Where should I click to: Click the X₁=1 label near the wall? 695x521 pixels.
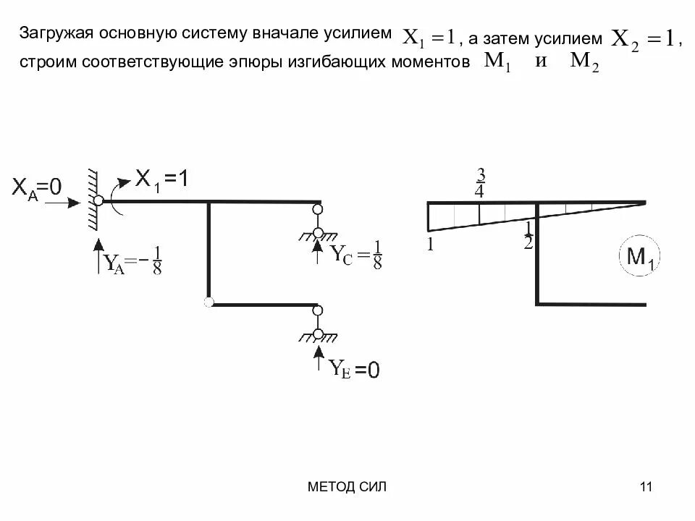(163, 179)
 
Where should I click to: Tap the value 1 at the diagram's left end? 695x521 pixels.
(430, 244)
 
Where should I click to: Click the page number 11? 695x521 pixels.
(646, 487)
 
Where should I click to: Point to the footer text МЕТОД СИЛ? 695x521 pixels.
(347, 487)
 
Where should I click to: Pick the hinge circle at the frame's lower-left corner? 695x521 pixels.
(209, 302)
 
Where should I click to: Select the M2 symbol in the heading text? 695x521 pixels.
(584, 63)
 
